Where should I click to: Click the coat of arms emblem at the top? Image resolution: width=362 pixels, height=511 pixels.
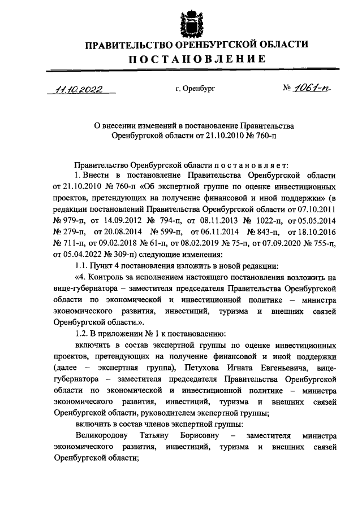180,20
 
